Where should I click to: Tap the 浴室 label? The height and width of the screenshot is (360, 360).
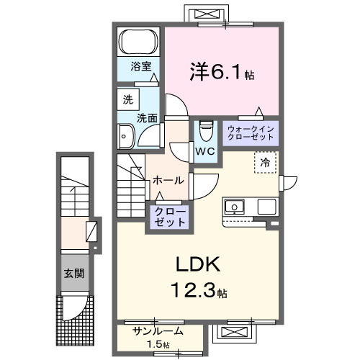tap(140, 67)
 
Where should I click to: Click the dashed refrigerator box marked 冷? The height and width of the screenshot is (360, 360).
tap(265, 163)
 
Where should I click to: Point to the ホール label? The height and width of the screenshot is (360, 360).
tap(169, 180)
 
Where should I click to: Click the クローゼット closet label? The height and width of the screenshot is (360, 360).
tap(168, 217)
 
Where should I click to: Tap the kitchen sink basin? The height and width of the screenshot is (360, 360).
tap(234, 207)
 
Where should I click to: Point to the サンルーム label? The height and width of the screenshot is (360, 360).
tap(158, 331)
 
